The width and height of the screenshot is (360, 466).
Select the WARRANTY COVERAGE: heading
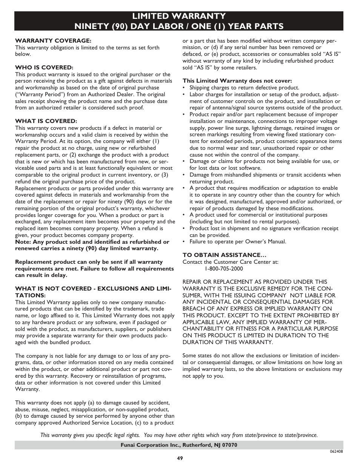point(53,40)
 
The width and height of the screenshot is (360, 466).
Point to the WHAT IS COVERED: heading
point(46,121)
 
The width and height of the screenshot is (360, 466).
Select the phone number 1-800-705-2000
point(224,269)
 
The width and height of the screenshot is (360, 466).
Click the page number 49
point(179,458)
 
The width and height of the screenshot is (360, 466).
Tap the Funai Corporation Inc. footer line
point(179,445)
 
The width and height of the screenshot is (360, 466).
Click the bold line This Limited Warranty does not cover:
point(237,81)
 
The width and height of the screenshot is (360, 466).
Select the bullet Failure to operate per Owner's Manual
point(238,241)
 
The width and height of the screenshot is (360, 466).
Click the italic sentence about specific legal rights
point(179,435)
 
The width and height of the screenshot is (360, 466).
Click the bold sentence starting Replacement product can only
point(94,268)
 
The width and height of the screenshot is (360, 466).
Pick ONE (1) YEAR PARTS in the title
point(241,26)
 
